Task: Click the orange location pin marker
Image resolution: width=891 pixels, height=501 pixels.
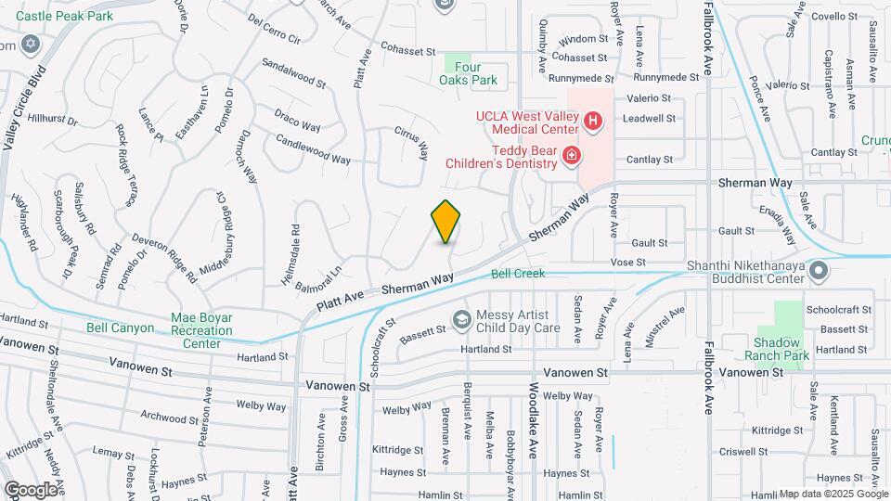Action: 446,221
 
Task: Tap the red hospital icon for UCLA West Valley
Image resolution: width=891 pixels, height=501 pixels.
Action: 591,121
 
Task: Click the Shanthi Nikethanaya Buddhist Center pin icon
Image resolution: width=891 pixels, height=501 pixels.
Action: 818,271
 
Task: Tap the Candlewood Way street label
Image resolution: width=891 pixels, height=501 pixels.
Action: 313,149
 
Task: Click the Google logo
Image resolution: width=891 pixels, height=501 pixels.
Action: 31,490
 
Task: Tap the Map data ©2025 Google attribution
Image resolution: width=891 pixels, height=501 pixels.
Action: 833,494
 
